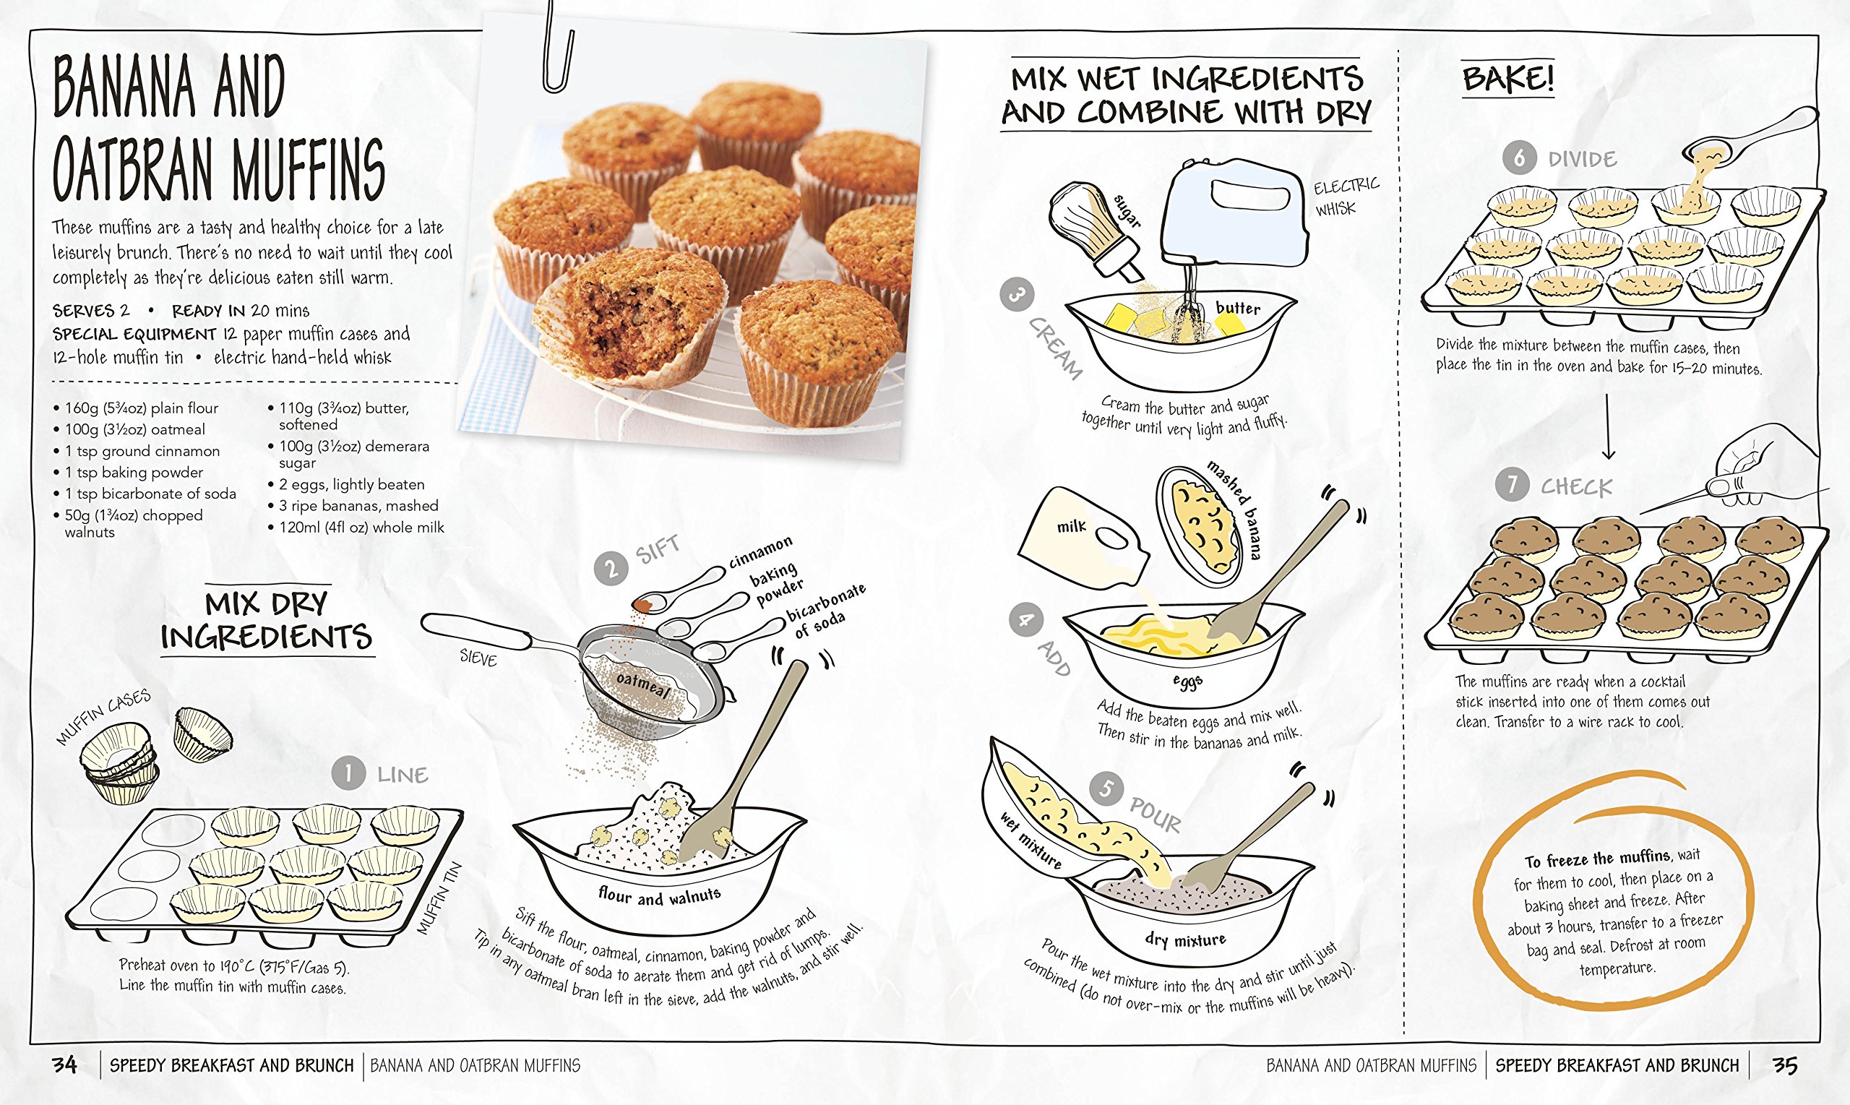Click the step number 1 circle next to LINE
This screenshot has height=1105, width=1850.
click(348, 773)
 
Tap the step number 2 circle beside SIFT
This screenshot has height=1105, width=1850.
click(611, 569)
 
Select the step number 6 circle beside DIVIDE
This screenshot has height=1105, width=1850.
click(1519, 157)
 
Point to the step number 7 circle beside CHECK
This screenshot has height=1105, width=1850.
click(1512, 485)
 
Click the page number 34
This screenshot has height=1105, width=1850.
click(65, 1065)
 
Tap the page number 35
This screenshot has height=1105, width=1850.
click(1784, 1065)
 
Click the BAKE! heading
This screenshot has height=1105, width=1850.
click(1508, 78)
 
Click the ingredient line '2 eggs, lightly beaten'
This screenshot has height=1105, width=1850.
click(351, 484)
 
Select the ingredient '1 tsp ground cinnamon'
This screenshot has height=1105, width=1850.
click(142, 450)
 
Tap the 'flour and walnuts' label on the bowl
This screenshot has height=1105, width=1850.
click(660, 895)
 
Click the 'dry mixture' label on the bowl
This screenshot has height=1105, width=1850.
click(1185, 940)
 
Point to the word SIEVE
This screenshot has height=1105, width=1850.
click(478, 658)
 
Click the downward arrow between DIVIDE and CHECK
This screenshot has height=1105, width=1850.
click(1608, 426)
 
